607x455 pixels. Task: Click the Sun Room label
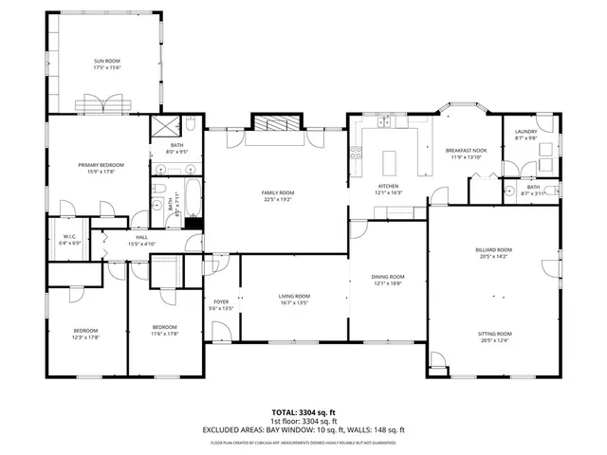click(106, 61)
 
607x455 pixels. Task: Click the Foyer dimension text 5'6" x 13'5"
click(220, 308)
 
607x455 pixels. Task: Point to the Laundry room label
click(525, 132)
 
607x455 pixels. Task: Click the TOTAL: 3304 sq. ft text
click(303, 412)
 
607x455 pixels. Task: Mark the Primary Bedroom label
click(101, 165)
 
